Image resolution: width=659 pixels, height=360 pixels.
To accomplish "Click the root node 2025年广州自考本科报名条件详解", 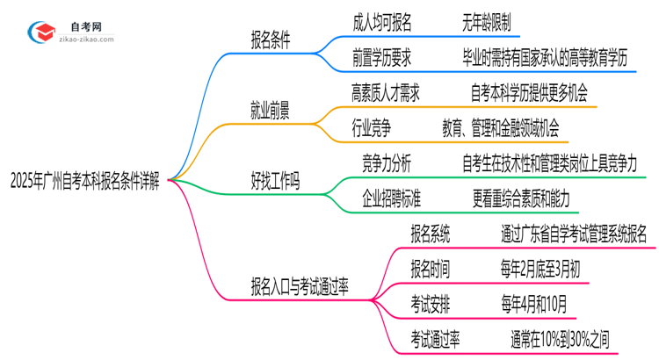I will point(84,182).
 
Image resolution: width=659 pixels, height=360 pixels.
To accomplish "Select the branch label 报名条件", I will point(272,40).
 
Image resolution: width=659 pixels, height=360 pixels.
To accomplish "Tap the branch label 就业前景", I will point(272,111).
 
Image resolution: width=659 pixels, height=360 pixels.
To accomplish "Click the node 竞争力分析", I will point(387,163).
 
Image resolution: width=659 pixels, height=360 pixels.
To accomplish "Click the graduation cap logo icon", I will point(40,32).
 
